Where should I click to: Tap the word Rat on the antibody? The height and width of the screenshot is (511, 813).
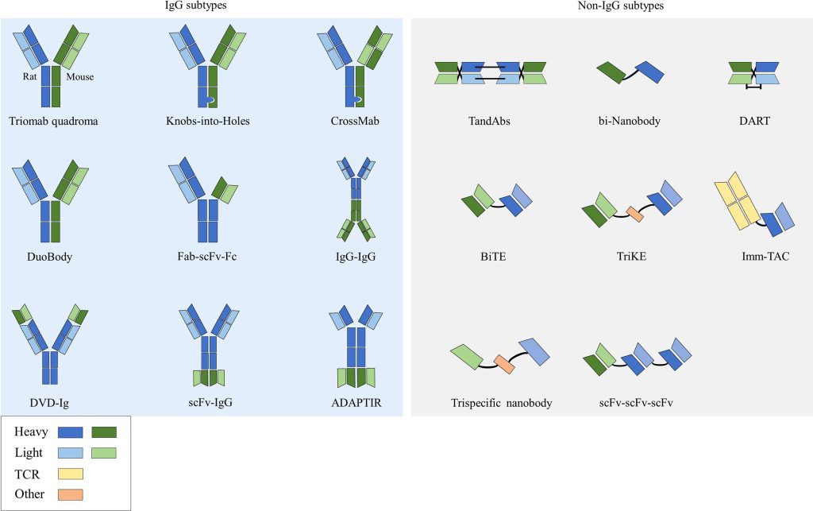pos(30,77)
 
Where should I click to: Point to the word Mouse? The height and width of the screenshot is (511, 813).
pos(80,77)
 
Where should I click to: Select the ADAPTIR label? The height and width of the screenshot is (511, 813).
pos(356,402)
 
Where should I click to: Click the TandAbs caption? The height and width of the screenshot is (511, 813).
pos(490,122)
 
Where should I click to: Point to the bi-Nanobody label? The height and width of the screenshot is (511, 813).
pos(630,122)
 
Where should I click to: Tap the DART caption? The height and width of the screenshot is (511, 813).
pos(753,122)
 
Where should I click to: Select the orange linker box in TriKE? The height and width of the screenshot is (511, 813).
pos(635,214)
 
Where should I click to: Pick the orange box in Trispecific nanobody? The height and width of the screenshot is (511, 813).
pos(504,364)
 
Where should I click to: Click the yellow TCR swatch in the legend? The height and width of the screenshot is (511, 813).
pos(71,474)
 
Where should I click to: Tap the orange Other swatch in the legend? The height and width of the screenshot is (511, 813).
pos(71,494)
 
